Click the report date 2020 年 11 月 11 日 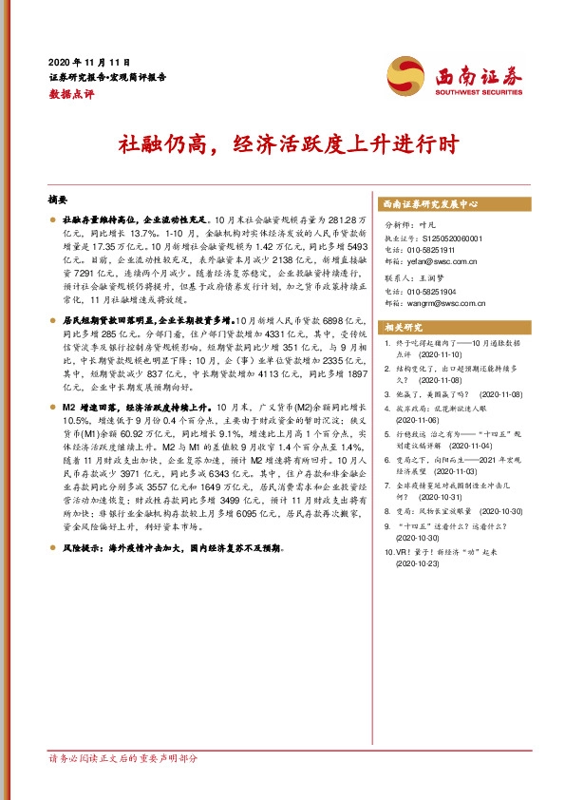88,60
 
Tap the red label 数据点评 70,95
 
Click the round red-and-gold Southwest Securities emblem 405,76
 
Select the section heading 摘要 58,201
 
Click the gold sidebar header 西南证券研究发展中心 429,204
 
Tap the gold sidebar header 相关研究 402,328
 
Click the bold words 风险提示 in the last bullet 84,548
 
